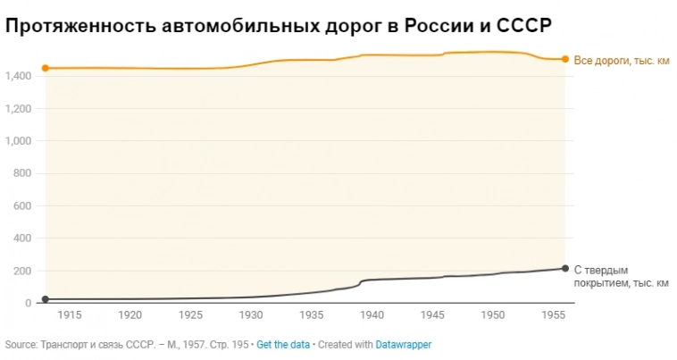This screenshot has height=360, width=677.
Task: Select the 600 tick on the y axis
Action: click(x=22, y=206)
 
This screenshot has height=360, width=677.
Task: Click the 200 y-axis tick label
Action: click(x=22, y=271)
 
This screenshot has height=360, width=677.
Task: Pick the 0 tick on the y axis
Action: click(x=28, y=303)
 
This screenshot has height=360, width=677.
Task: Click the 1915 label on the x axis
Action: click(x=70, y=315)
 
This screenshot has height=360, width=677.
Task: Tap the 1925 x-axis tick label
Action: click(x=190, y=315)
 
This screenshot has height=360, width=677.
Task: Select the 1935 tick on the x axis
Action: click(x=312, y=315)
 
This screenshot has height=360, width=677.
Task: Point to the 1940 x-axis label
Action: click(x=372, y=315)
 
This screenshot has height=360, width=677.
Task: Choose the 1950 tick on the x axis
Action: click(x=493, y=315)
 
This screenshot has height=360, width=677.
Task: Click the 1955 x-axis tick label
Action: click(x=553, y=315)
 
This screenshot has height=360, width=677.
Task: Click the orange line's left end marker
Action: click(x=45, y=68)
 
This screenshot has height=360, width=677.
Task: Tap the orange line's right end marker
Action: click(x=565, y=59)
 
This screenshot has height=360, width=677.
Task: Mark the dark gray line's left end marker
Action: click(x=45, y=299)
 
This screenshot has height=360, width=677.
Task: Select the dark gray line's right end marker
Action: click(x=565, y=268)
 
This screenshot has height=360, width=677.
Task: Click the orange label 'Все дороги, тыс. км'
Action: click(x=620, y=60)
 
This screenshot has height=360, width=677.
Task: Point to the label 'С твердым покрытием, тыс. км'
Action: click(x=620, y=276)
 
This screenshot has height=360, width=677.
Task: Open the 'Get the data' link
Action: click(x=283, y=344)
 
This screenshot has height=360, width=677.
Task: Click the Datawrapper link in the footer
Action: click(x=403, y=344)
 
